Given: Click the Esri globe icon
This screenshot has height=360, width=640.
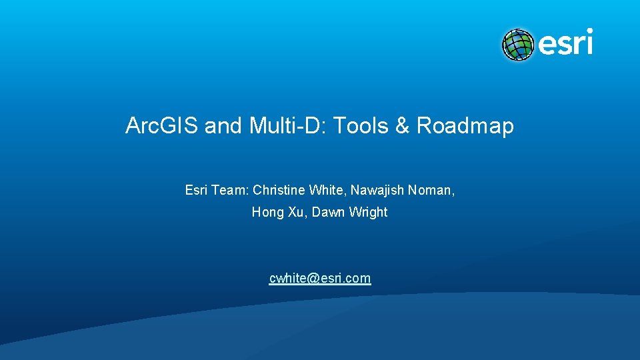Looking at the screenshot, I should point(518,45).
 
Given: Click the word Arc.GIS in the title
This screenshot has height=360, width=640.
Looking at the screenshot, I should point(162,126).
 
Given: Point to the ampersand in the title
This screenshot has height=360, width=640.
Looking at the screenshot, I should point(403,126).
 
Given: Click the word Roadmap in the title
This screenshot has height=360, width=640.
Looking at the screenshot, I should point(465,126).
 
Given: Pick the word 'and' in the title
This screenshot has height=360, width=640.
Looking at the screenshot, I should point(223,126).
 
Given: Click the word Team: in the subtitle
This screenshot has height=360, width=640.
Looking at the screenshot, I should point(230,191).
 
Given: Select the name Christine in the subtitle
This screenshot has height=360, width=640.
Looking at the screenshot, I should point(279,191).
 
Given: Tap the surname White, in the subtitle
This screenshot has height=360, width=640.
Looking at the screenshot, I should point(326,191).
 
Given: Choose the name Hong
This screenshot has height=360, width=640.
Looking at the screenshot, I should point(267,213).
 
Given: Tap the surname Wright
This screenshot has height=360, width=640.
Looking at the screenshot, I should point(367,213).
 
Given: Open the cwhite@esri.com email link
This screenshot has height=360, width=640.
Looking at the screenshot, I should point(320,279).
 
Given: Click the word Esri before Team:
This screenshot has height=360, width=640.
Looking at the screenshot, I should point(196,191).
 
